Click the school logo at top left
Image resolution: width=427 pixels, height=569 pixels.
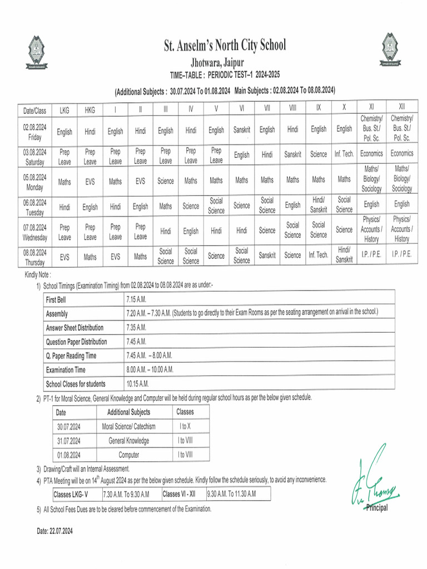(37, 51)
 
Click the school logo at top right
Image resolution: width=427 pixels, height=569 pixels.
(390, 48)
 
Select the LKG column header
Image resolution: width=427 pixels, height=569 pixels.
(64, 110)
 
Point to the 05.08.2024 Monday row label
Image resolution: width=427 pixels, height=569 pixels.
(34, 181)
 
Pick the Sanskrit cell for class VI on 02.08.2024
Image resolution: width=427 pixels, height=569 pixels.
(242, 130)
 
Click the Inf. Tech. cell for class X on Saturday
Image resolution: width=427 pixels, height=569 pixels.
(344, 154)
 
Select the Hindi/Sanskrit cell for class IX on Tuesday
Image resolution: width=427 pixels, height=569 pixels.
(319, 204)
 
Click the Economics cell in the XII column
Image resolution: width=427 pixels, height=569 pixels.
(401, 153)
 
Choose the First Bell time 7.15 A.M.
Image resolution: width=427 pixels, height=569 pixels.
(137, 299)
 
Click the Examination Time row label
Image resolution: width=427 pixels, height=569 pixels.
(66, 370)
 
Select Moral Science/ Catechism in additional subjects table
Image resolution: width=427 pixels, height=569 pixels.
(128, 427)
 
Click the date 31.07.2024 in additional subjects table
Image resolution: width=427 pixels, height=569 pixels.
(69, 441)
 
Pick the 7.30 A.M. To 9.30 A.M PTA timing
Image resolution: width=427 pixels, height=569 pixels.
(127, 494)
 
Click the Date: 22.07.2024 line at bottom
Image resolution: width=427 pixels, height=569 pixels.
(55, 531)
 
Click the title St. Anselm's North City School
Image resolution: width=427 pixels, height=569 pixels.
(225, 46)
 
